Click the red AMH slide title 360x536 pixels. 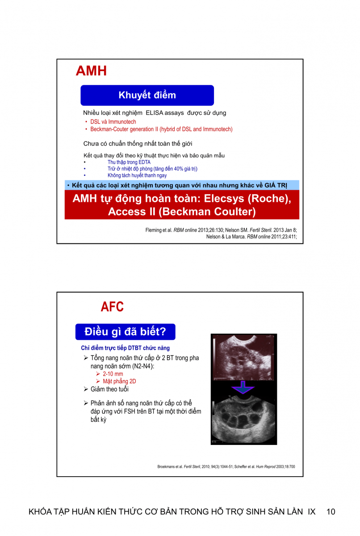[91, 71]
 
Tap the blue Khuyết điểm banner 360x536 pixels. [147, 95]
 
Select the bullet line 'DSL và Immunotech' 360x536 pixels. [113, 121]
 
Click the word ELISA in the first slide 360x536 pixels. [155, 113]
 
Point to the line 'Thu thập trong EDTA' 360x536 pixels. [129, 162]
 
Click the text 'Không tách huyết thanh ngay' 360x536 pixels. [137, 176]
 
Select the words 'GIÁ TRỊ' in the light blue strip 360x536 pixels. [276, 185]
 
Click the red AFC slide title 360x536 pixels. [112, 307]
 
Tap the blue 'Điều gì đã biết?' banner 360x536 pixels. [125, 332]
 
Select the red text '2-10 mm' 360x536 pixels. [113, 374]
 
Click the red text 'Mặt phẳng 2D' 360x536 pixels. [119, 381]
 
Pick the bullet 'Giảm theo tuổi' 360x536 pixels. [109, 389]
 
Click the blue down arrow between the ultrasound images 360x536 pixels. [243, 387]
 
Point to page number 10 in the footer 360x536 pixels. [331, 512]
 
